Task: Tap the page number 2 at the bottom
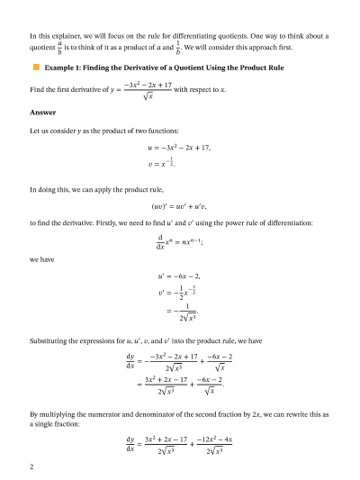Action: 31,467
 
